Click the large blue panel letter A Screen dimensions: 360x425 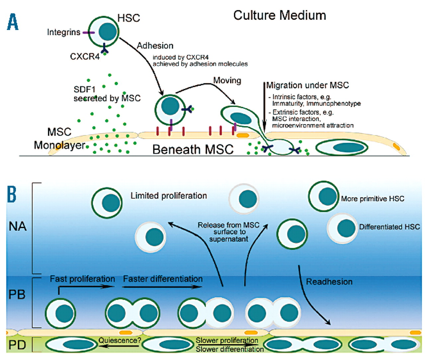point(13,22)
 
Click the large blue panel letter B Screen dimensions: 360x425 point(12,194)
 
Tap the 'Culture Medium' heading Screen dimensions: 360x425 point(280,15)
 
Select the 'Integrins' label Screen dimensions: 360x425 point(63,32)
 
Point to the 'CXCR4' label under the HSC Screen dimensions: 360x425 point(85,56)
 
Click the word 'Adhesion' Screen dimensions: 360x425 point(155,45)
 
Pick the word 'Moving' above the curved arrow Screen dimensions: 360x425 point(227,80)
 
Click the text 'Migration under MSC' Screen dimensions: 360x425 point(307,85)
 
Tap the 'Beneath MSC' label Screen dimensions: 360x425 point(193,149)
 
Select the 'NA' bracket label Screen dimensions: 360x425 point(18,226)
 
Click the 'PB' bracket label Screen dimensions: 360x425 point(17,294)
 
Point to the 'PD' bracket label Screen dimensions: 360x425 point(17,345)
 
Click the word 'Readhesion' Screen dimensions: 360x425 point(329,282)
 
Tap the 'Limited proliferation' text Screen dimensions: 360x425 point(169,196)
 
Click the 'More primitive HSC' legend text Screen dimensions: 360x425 point(373,199)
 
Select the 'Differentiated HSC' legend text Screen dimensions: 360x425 point(389,227)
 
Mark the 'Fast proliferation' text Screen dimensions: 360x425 point(82,279)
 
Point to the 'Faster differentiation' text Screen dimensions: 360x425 point(163,279)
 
